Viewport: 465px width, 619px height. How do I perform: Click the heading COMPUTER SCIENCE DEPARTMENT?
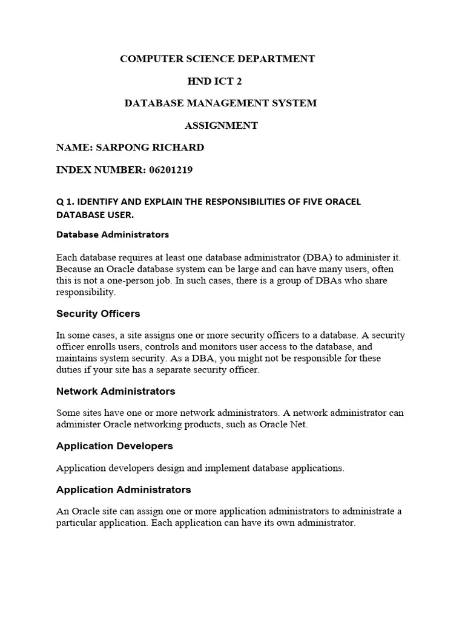[217, 59]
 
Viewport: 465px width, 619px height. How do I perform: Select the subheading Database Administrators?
[113, 234]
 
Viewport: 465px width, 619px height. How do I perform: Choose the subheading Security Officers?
[98, 314]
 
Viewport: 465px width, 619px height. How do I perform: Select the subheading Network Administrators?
[116, 391]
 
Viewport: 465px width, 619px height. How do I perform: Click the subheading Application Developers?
[114, 446]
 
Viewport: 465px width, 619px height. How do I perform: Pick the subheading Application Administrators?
[124, 490]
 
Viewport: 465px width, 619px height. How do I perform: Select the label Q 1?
[64, 202]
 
